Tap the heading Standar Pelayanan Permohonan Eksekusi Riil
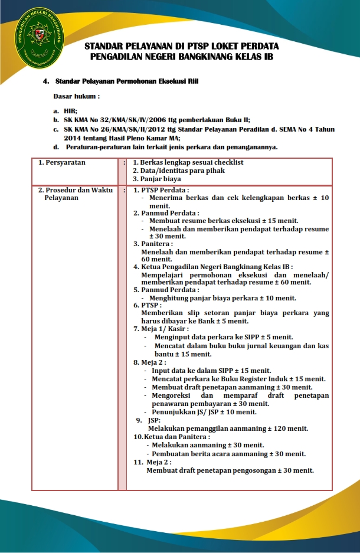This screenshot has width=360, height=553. (126, 81)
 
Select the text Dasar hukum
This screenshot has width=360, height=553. (76, 96)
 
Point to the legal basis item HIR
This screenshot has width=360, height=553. (70, 110)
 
